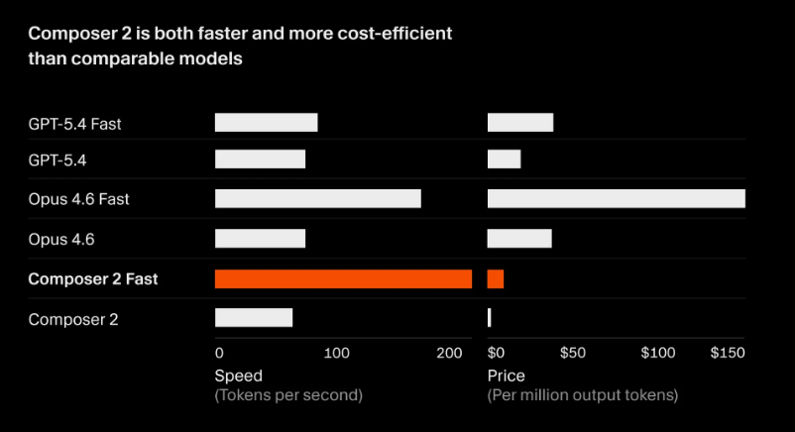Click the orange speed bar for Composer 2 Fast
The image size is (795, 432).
(x=343, y=279)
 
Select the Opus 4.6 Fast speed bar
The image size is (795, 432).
(x=317, y=199)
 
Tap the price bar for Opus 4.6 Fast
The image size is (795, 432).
(x=616, y=199)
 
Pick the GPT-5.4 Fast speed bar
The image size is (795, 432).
(x=266, y=123)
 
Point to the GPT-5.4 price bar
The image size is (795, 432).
(x=504, y=159)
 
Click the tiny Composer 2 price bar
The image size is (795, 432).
(x=490, y=318)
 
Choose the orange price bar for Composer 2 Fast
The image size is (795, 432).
(x=496, y=279)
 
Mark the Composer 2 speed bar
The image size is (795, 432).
(x=254, y=318)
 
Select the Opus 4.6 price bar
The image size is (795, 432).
(x=519, y=239)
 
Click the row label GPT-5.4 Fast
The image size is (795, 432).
(x=75, y=124)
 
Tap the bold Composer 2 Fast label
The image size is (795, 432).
(x=93, y=279)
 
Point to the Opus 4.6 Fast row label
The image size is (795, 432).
(x=79, y=199)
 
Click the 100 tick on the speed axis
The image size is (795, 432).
(x=337, y=353)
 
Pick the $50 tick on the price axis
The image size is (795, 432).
(x=573, y=353)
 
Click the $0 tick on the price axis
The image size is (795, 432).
(x=497, y=353)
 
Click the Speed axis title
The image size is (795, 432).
(x=239, y=376)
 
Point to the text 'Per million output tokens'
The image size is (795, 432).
(x=583, y=395)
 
